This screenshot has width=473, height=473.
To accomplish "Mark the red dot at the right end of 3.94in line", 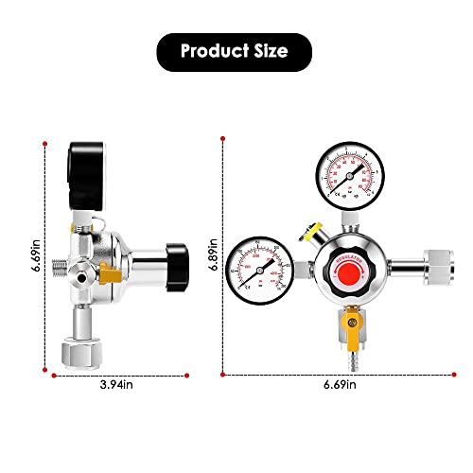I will point(176,375).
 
